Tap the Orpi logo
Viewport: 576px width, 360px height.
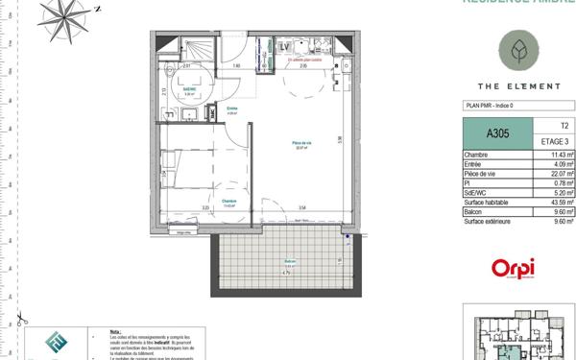(x=513, y=270)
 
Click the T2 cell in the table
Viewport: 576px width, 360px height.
(x=563, y=126)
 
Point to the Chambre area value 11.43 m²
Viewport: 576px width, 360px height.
(x=562, y=155)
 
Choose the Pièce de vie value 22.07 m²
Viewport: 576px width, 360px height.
(x=561, y=174)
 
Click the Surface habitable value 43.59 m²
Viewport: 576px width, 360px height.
(x=561, y=203)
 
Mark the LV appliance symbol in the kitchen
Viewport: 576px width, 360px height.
(x=285, y=46)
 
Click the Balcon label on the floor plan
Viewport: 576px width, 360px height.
(x=289, y=262)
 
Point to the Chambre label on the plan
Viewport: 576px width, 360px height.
(x=228, y=202)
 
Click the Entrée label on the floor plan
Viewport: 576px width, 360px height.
(x=231, y=109)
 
